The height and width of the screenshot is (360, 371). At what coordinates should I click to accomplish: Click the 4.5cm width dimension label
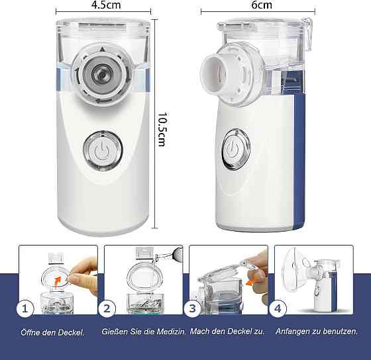click(x=106, y=5)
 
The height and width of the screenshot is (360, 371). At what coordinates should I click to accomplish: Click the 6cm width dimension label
click(x=262, y=5)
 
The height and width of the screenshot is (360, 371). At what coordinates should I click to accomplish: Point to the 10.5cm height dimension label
click(x=163, y=129)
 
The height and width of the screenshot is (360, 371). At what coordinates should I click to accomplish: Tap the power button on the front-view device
click(x=103, y=150)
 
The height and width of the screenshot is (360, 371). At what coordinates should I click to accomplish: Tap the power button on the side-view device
click(x=236, y=149)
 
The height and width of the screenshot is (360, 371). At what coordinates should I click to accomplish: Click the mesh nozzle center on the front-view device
click(x=102, y=74)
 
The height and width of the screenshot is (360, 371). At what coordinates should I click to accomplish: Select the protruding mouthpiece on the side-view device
click(x=213, y=73)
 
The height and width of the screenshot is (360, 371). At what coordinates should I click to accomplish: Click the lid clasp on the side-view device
click(x=307, y=33)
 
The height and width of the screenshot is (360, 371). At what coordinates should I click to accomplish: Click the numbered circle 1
click(x=25, y=308)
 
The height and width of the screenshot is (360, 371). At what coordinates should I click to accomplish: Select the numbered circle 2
click(x=107, y=308)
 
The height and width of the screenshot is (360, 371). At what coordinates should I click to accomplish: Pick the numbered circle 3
click(x=192, y=308)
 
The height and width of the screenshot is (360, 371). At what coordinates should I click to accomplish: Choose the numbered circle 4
click(x=278, y=308)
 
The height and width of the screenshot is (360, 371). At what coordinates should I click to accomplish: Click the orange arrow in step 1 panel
click(x=57, y=281)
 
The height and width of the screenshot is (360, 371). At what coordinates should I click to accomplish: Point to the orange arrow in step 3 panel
click(x=250, y=282)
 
